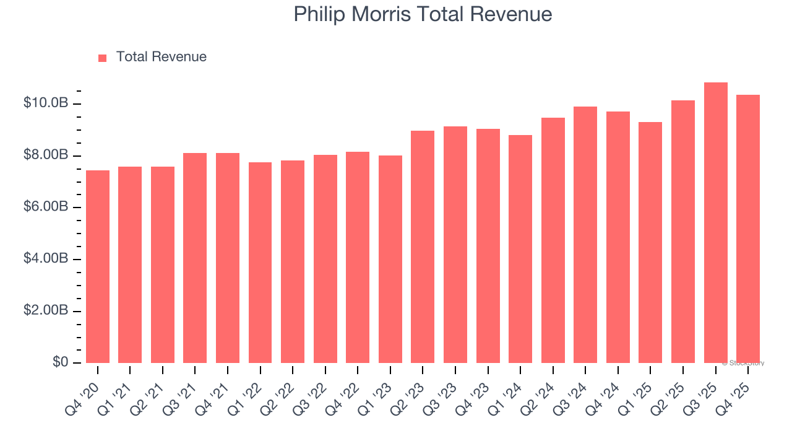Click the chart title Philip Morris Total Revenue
coord(423,14)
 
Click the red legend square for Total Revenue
coord(103,58)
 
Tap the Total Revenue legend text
coord(161,57)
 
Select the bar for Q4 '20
coord(98,266)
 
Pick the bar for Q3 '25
coord(715,222)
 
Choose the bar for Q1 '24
coord(520,249)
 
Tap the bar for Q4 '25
coord(748,229)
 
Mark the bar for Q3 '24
coord(585,235)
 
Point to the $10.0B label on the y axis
coord(46,103)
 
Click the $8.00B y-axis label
coord(46,155)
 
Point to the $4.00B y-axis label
coord(46,258)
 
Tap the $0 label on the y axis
coord(60,362)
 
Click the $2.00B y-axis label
coord(46,310)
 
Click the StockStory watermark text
coord(743,363)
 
